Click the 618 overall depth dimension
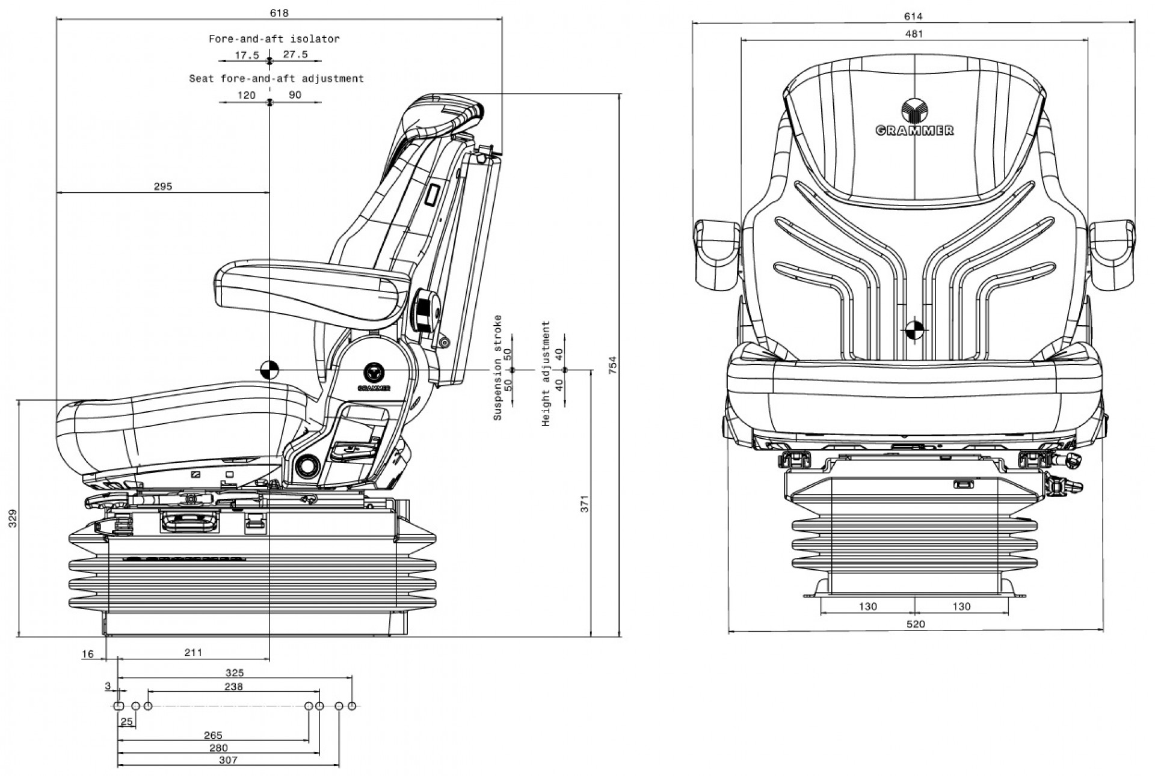point(279,13)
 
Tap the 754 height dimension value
point(612,366)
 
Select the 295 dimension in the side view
point(162,186)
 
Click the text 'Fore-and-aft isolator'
point(274,39)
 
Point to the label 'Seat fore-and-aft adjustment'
point(276,79)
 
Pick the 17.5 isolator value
point(247,55)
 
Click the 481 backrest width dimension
point(913,34)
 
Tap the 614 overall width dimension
point(913,16)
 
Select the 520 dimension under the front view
point(915,624)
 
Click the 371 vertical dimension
point(584,503)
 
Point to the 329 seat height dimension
point(13,518)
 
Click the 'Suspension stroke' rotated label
point(497,367)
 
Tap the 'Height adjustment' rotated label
point(546,373)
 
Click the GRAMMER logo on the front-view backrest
point(914,119)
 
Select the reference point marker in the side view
point(269,370)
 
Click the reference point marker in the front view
point(914,329)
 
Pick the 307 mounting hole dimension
point(228,760)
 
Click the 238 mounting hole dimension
point(233,686)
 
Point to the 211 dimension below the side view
point(193,652)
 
